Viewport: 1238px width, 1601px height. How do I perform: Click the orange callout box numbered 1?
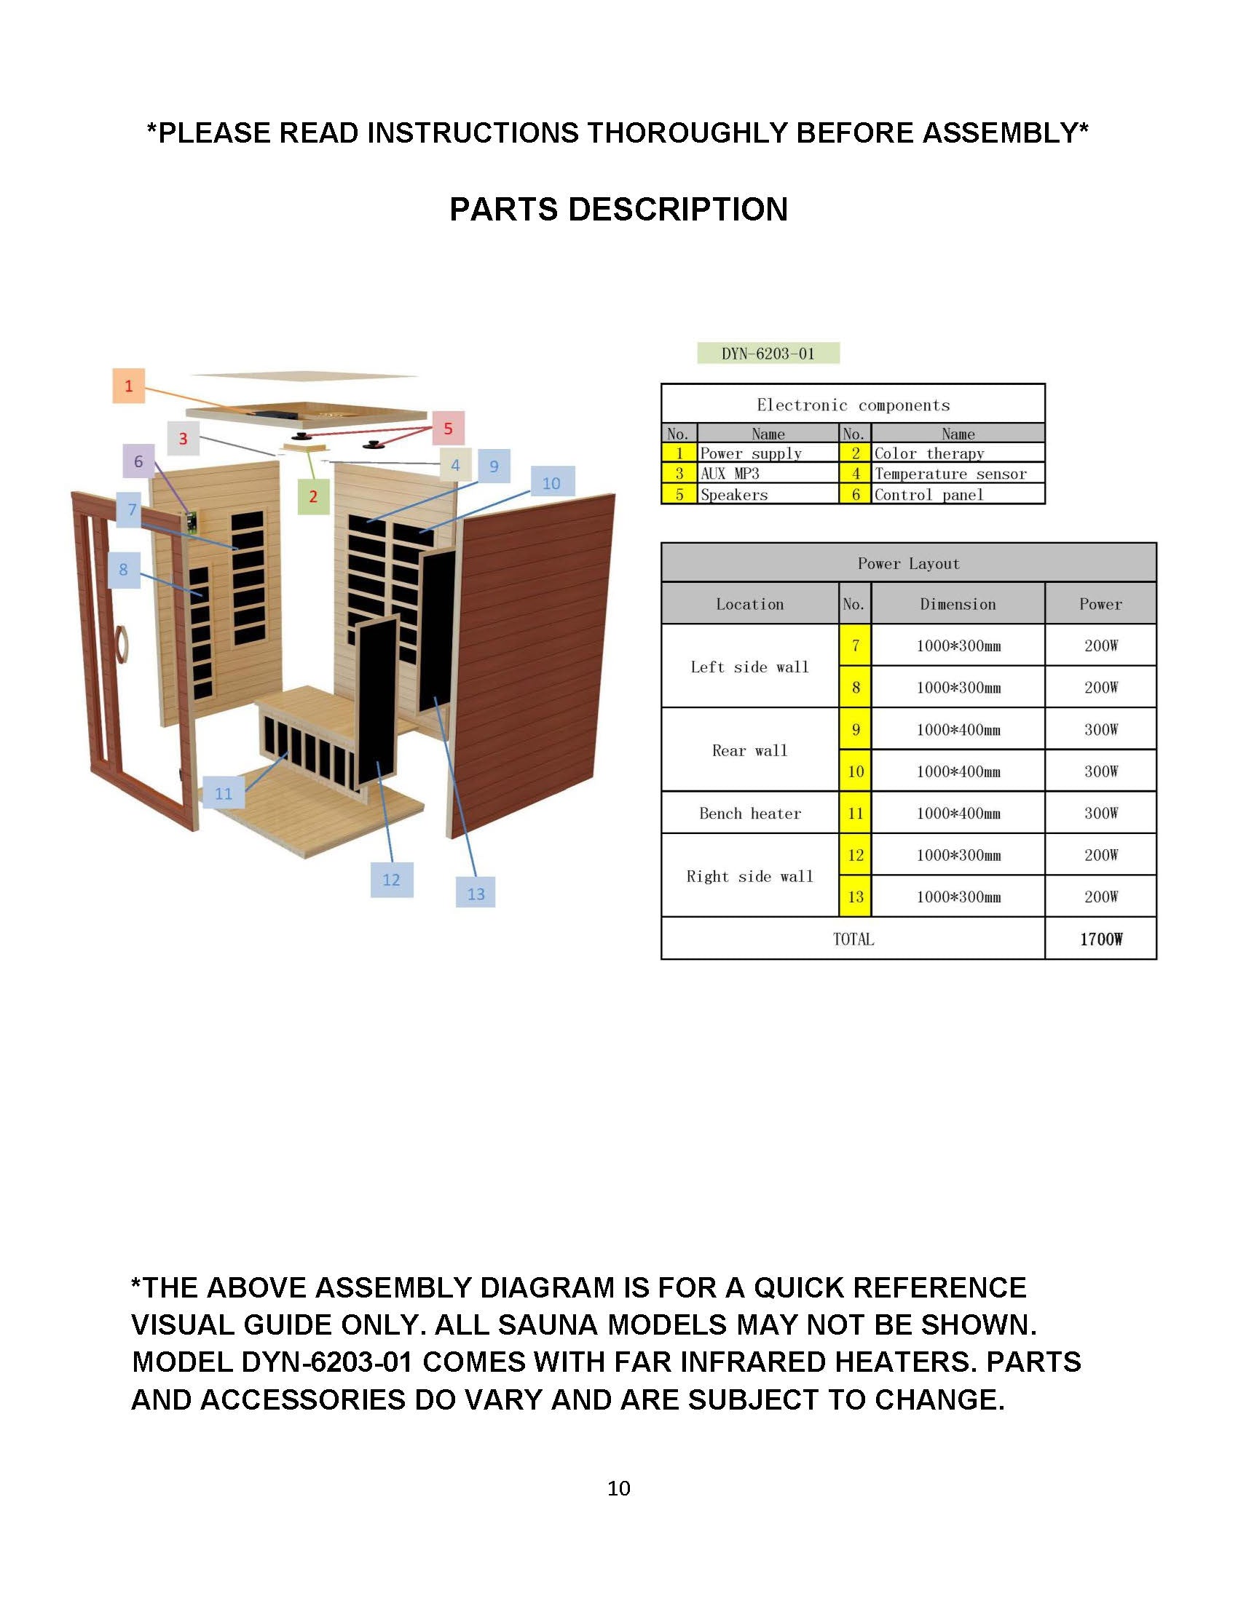pos(128,386)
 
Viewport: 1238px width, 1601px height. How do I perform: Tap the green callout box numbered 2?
pos(313,496)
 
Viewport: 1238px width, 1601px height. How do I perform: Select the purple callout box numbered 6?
pos(138,461)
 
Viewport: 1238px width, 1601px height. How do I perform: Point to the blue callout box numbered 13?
pos(476,893)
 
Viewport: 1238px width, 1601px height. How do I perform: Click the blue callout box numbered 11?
pos(223,792)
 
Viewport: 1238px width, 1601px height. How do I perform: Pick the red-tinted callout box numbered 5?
pos(447,428)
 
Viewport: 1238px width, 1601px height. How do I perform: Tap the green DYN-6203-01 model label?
pos(768,354)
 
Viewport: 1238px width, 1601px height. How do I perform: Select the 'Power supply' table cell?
pos(767,453)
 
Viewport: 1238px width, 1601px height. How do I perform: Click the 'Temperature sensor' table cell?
pos(957,474)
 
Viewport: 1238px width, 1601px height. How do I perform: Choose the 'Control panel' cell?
pos(957,494)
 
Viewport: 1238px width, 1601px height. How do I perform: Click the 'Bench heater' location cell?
pos(749,813)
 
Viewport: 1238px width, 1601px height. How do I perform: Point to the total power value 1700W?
pos(1100,939)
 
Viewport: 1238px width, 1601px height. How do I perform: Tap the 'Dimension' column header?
pos(957,604)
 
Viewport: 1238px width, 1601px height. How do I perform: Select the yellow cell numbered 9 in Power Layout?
pos(855,729)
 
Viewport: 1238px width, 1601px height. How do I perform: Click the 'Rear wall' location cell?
pos(749,750)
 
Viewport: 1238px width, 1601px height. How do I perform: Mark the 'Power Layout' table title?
pos(908,563)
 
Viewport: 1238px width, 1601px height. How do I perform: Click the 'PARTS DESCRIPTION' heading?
pos(618,210)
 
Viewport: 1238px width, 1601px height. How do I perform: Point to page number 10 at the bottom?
pos(618,1487)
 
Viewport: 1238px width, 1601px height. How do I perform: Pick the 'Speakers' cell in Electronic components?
pos(767,494)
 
